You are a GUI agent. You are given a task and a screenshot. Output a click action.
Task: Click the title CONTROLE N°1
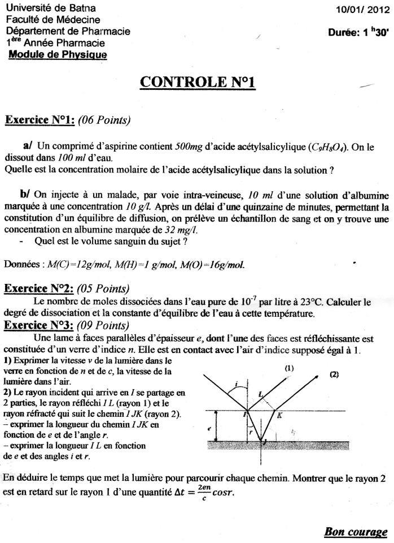(197, 81)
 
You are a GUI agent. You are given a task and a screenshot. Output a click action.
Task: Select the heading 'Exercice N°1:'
(40, 120)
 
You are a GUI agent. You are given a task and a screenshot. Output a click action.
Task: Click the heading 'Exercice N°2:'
(40, 289)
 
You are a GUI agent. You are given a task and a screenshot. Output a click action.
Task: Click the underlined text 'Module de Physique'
(58, 54)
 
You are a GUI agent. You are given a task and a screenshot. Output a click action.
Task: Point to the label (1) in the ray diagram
(290, 368)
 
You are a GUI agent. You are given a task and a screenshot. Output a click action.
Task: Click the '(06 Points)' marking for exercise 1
(103, 120)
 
